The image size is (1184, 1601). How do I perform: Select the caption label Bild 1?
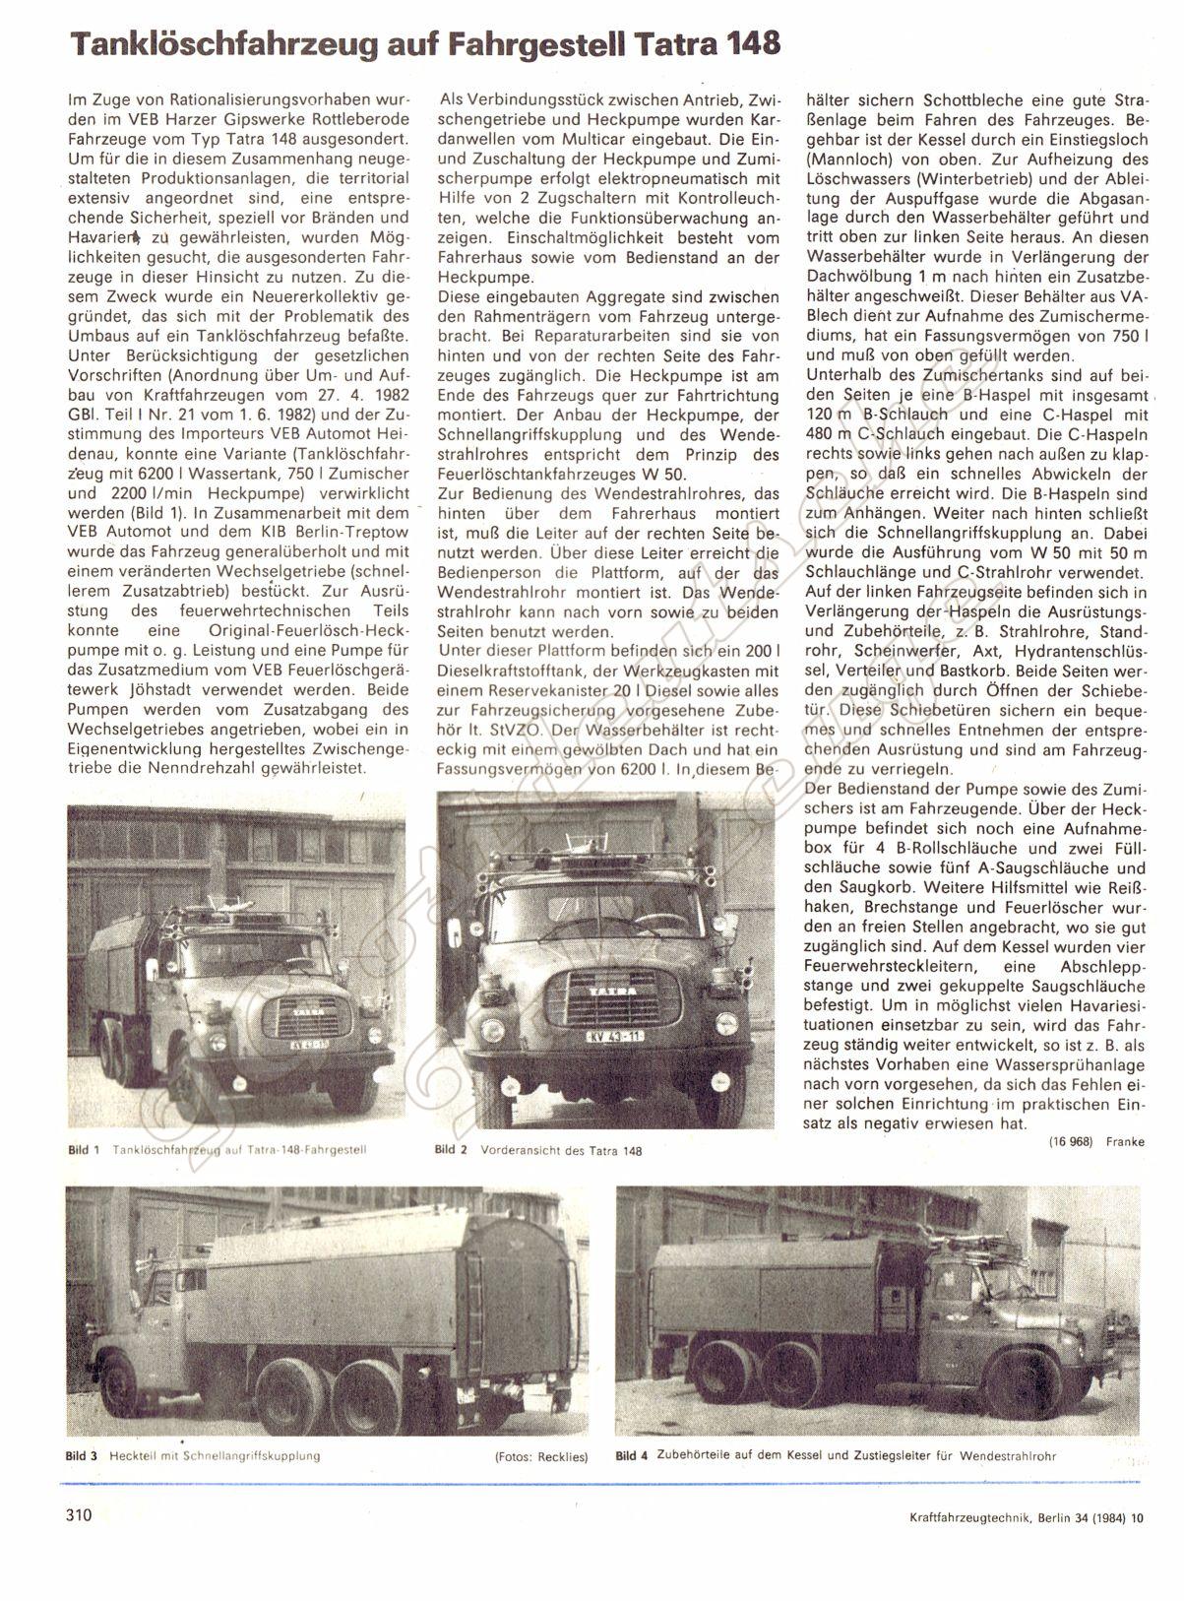(84, 1149)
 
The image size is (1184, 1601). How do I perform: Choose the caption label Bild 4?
(631, 1455)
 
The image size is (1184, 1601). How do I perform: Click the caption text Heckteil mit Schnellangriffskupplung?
(216, 1455)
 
